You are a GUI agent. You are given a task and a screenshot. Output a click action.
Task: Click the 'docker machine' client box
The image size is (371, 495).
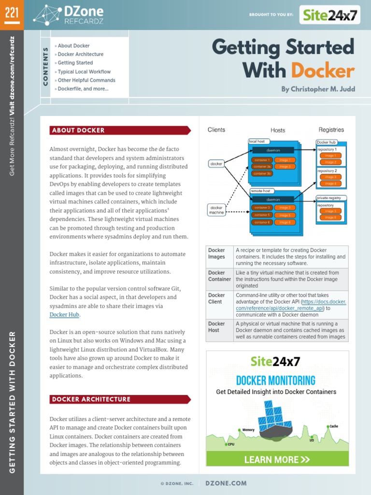pyautogui.click(x=216, y=209)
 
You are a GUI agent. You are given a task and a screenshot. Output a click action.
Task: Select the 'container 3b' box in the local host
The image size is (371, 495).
pyautogui.click(x=262, y=173)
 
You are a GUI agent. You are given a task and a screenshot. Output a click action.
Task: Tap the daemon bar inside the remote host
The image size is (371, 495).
pyautogui.click(x=273, y=199)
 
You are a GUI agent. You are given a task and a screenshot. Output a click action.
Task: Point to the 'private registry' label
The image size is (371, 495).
pyautogui.click(x=331, y=198)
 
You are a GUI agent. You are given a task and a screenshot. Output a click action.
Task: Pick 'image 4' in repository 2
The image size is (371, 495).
pyautogui.click(x=331, y=184)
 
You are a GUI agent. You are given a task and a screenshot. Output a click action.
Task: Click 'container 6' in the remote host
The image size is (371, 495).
pyautogui.click(x=262, y=222)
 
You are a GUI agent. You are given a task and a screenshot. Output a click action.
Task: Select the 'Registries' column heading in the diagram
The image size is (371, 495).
pyautogui.click(x=331, y=130)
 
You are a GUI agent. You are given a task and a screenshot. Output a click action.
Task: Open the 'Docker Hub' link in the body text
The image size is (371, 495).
pyautogui.click(x=64, y=315)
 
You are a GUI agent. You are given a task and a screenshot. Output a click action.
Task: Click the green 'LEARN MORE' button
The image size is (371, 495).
pyautogui.click(x=277, y=459)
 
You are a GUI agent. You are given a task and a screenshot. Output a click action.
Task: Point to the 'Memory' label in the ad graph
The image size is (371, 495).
pyautogui.click(x=248, y=430)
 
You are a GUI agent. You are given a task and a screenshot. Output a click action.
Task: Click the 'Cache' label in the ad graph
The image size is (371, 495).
pyautogui.click(x=334, y=426)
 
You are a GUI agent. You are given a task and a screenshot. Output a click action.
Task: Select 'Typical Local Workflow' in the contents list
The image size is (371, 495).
pyautogui.click(x=84, y=72)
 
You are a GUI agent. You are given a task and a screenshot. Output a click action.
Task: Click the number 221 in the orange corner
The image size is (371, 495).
pyautogui.click(x=12, y=13)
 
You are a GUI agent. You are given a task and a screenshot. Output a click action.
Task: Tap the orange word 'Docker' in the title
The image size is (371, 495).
pyautogui.click(x=323, y=71)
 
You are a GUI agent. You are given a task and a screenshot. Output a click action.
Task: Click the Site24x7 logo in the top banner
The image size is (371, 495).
pyautogui.click(x=330, y=15)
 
